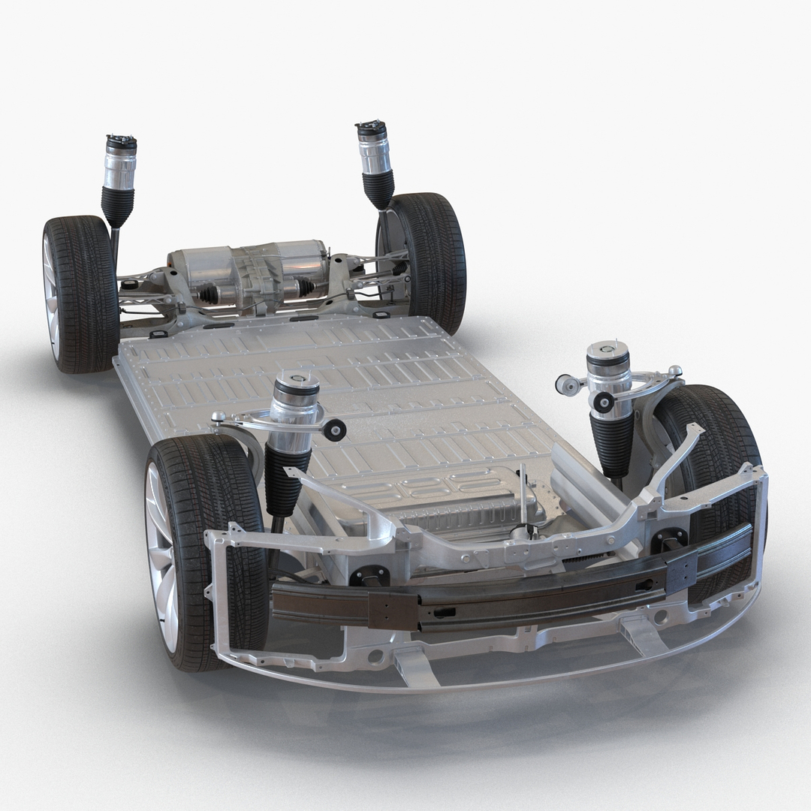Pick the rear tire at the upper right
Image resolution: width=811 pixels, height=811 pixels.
432,259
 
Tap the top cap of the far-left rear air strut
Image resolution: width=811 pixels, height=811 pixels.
121,142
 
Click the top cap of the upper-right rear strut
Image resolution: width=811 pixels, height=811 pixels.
372,128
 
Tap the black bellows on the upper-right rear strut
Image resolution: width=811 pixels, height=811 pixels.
378,188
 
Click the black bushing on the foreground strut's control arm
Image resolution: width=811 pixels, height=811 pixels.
335,429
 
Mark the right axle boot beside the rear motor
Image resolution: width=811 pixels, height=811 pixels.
305,286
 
